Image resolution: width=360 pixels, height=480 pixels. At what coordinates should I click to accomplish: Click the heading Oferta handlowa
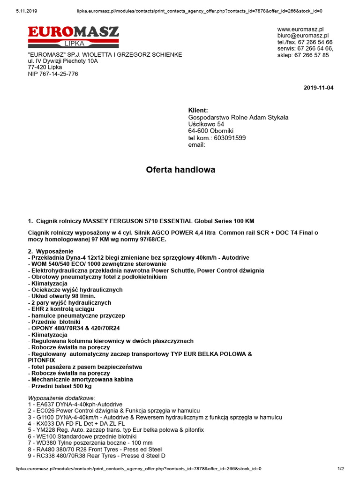pos(180,170)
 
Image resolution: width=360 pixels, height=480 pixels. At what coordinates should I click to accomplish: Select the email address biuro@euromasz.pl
pos(303,35)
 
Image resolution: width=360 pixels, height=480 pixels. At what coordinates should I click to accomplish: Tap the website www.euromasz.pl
pos(300,29)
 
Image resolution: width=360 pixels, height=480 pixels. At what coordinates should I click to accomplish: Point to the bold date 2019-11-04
pos(318,88)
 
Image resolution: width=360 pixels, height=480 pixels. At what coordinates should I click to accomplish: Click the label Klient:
pos(198,110)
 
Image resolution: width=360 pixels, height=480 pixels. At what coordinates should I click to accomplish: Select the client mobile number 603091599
pos(230,138)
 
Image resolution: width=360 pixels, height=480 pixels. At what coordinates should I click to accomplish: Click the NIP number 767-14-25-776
pos(59,74)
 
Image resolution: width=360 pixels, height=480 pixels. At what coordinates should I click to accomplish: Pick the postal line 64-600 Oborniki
pos(210,131)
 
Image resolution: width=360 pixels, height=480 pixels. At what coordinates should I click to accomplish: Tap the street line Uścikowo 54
pos(206,124)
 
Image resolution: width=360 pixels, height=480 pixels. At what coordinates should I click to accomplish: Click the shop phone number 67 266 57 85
pos(312,55)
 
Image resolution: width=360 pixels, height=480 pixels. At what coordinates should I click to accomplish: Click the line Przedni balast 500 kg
pos(61,386)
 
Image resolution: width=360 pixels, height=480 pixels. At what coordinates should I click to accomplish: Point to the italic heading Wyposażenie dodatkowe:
pos(61,398)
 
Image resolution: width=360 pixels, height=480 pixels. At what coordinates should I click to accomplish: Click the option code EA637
pos(44,404)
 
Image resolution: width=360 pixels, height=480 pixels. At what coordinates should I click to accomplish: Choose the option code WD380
pos(44,442)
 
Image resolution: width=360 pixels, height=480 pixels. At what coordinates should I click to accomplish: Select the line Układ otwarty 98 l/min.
pos(63,296)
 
